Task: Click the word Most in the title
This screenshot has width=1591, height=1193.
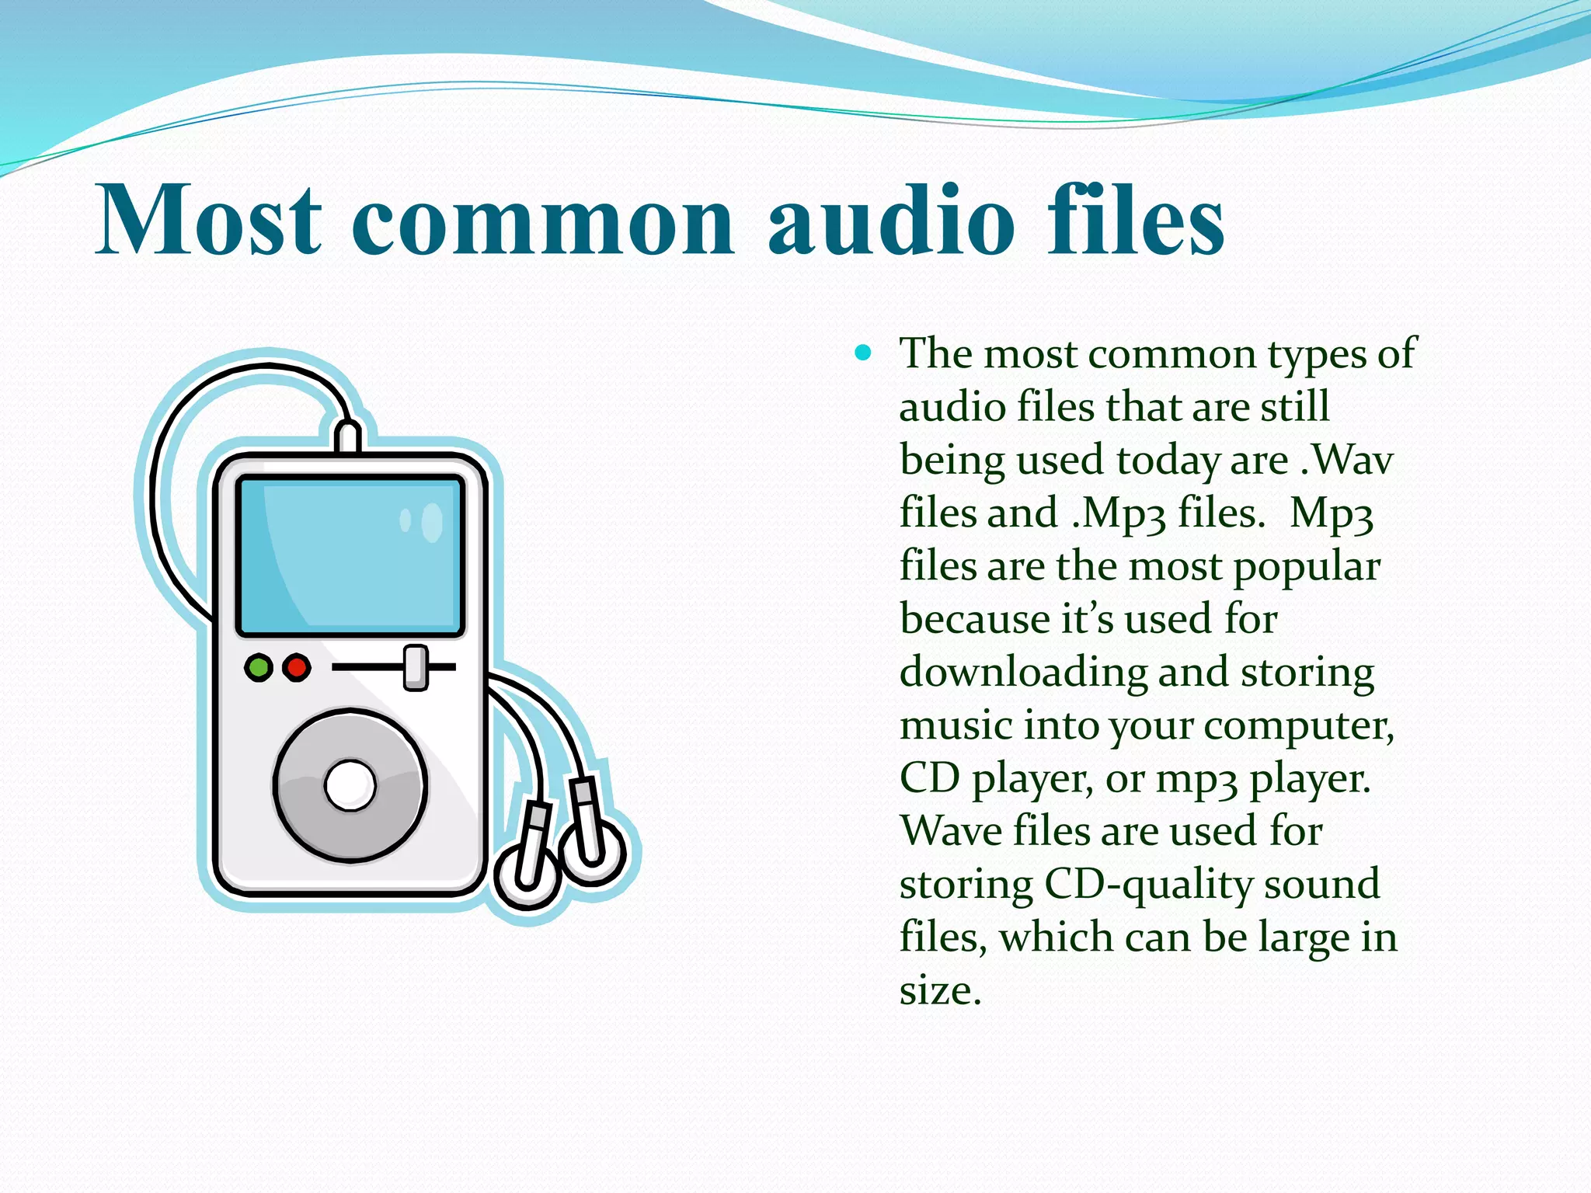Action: point(208,219)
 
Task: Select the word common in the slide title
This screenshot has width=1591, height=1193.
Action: point(542,225)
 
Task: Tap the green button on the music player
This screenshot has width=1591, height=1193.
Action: point(258,667)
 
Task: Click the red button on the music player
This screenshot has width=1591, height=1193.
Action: point(296,667)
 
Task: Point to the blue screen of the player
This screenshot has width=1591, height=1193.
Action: point(350,555)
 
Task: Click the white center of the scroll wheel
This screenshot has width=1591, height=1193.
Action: point(350,785)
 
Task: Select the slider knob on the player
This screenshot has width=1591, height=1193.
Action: point(416,667)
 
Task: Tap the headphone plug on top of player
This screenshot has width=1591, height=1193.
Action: point(347,437)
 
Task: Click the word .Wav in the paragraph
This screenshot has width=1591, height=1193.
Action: point(1347,460)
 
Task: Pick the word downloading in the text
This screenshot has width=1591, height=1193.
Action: point(1023,673)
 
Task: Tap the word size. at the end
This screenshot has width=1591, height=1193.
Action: point(940,991)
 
